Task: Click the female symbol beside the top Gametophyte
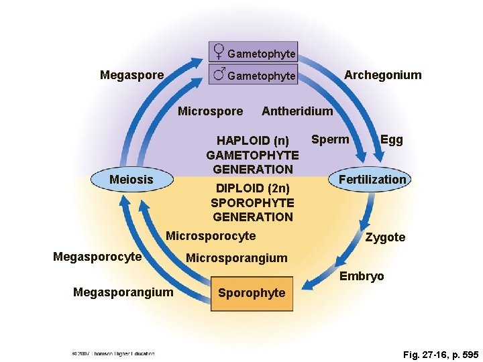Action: pyautogui.click(x=219, y=52)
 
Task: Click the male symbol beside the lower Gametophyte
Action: pyautogui.click(x=219, y=74)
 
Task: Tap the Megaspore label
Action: pyautogui.click(x=131, y=75)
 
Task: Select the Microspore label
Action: pyautogui.click(x=211, y=111)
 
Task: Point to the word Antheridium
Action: pyautogui.click(x=297, y=111)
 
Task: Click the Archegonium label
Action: pyautogui.click(x=383, y=75)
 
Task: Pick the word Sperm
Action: pyautogui.click(x=330, y=139)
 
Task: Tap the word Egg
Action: pyautogui.click(x=391, y=139)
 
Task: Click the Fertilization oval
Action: pyautogui.click(x=372, y=180)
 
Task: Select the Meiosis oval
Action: pyautogui.click(x=131, y=180)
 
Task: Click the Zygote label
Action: pyautogui.click(x=385, y=237)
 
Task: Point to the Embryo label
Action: pyautogui.click(x=362, y=276)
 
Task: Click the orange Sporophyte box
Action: pyautogui.click(x=252, y=293)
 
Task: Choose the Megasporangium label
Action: pyautogui.click(x=123, y=292)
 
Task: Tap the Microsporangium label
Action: pyautogui.click(x=236, y=258)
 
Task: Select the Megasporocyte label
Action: pyautogui.click(x=97, y=257)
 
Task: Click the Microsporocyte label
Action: pyautogui.click(x=211, y=236)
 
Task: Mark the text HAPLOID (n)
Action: pyautogui.click(x=252, y=141)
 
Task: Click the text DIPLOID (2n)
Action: pyautogui.click(x=252, y=188)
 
